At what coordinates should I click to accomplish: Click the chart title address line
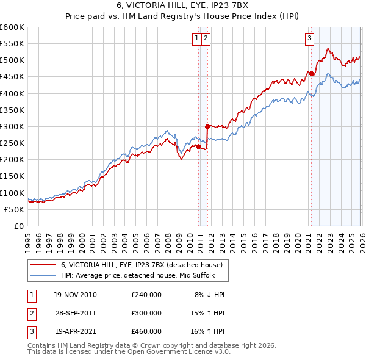[183, 5]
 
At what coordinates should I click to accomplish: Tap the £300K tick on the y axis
[12, 126]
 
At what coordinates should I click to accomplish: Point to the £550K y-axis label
[12, 44]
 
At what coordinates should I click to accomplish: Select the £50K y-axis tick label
[14, 209]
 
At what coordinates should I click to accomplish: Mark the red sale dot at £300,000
[207, 127]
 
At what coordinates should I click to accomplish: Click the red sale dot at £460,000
[311, 74]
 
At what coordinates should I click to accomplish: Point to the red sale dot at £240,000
[198, 146]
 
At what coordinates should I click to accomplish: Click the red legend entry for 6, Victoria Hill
[145, 265]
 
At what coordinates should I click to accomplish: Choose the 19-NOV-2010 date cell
[75, 294]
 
